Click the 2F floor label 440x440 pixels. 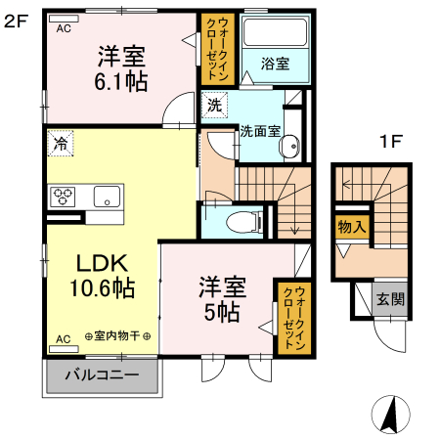16,19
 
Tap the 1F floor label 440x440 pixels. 391,141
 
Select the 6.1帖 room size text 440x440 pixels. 121,83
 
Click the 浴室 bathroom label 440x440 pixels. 274,65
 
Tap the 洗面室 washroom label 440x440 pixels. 262,130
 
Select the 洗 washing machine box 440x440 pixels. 213,102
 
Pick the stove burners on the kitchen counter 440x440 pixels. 65,195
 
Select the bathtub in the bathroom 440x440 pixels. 274,35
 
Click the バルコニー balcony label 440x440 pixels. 101,375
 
